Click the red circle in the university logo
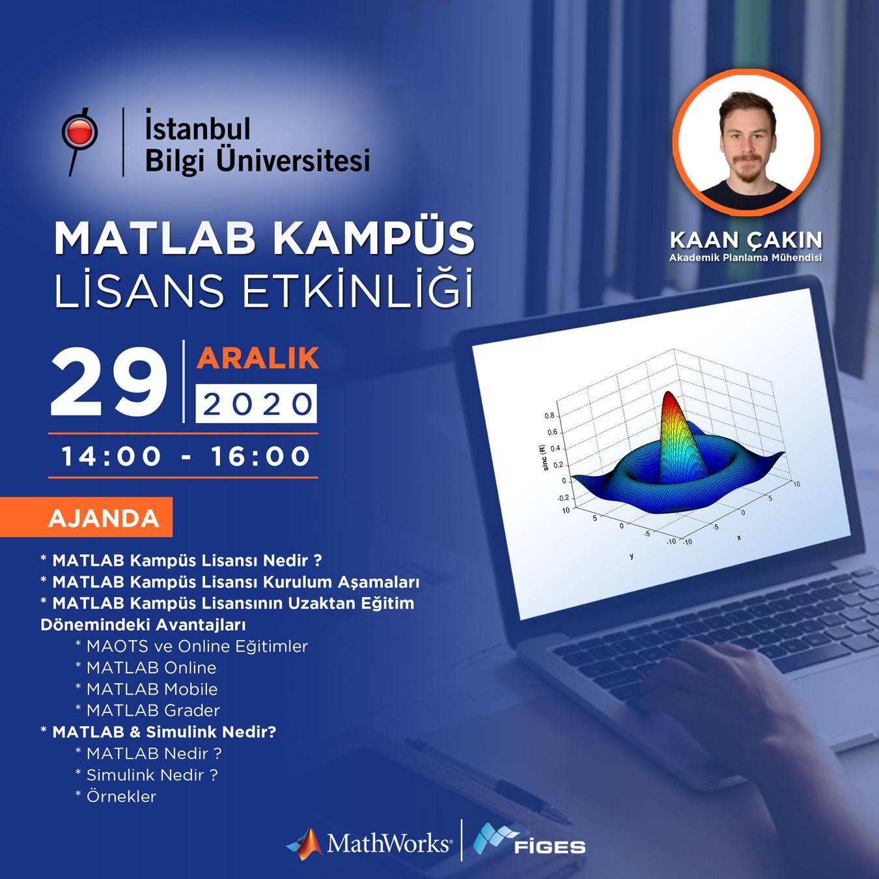pyautogui.click(x=80, y=132)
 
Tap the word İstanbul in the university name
pyautogui.click(x=197, y=126)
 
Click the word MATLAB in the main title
pyautogui.click(x=155, y=238)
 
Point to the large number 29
pyautogui.click(x=109, y=382)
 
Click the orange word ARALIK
pyautogui.click(x=258, y=358)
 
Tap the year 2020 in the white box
pyautogui.click(x=257, y=404)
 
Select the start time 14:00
pyautogui.click(x=111, y=456)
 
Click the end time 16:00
pyautogui.click(x=260, y=456)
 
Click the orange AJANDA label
pyautogui.click(x=104, y=518)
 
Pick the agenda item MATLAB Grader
pyautogui.click(x=153, y=710)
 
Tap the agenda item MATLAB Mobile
pyautogui.click(x=152, y=689)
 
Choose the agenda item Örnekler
pyautogui.click(x=121, y=796)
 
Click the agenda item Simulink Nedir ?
pyautogui.click(x=152, y=775)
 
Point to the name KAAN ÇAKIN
pyautogui.click(x=746, y=240)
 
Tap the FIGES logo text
pyautogui.click(x=550, y=847)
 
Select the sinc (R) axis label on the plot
pyautogui.click(x=543, y=457)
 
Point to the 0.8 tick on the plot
pyautogui.click(x=549, y=415)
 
